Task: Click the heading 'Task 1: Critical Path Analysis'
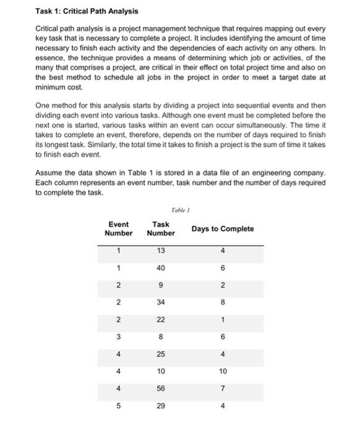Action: (87, 11)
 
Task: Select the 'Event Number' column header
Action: (118, 229)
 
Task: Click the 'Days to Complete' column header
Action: (223, 229)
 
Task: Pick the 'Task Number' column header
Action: (161, 229)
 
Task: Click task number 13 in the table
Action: (161, 251)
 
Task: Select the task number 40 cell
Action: (161, 268)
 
